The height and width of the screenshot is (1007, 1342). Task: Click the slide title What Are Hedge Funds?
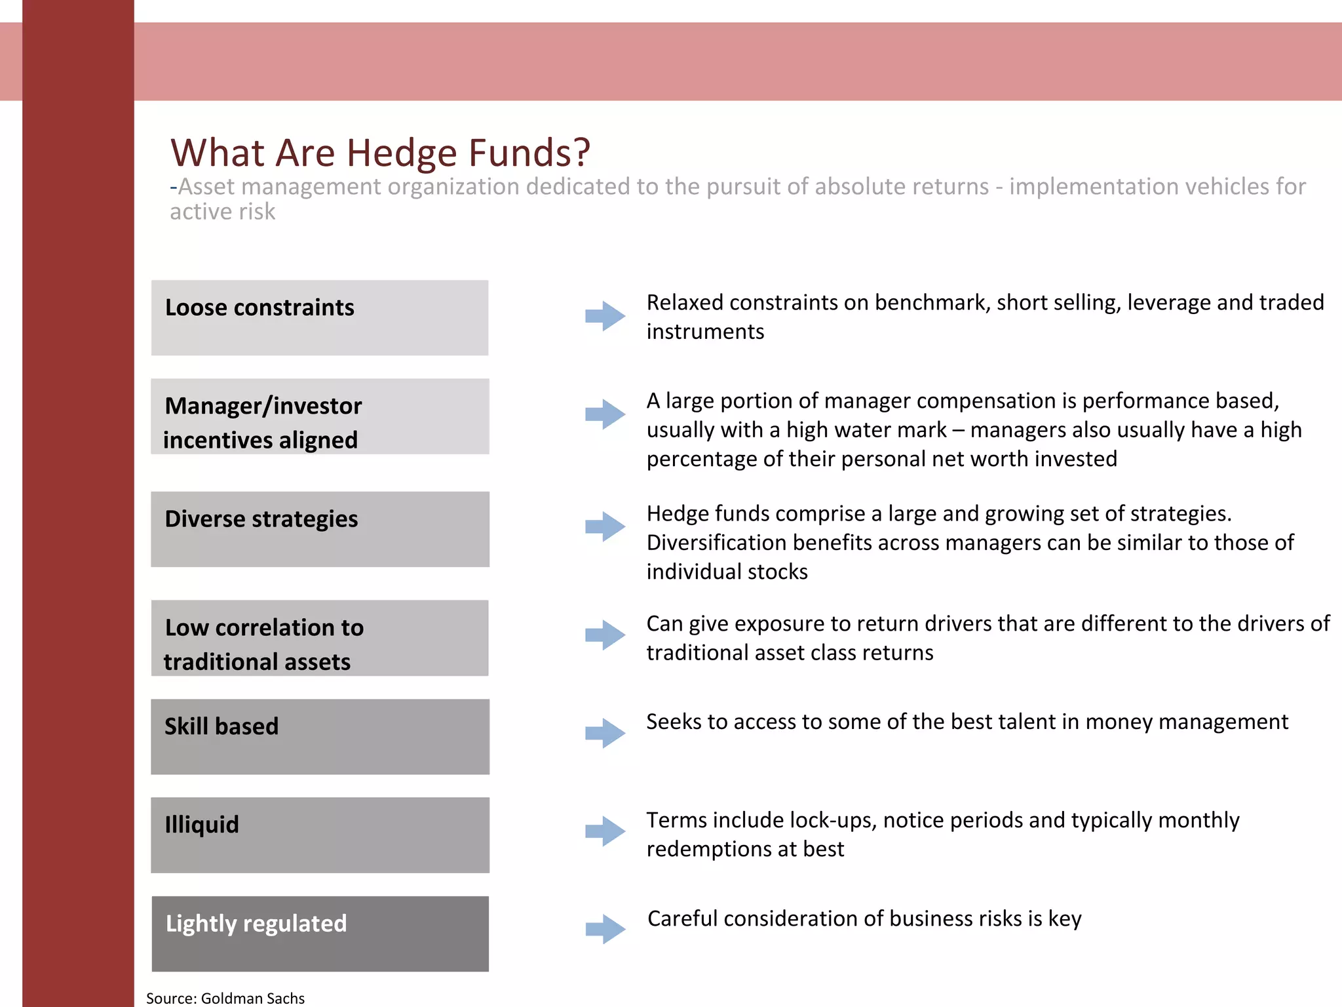point(380,152)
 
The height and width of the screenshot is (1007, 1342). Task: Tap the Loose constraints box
point(320,318)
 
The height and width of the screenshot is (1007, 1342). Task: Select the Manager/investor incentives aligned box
point(320,416)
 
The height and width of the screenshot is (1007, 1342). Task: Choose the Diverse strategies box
point(320,529)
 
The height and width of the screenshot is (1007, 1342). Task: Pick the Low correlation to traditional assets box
point(320,638)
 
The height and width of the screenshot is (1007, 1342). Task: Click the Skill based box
point(320,736)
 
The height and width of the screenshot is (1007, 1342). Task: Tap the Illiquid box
point(320,835)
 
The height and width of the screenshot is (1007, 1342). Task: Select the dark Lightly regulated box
point(320,934)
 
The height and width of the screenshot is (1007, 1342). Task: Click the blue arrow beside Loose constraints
point(605,316)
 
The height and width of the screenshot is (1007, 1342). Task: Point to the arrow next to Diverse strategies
point(605,526)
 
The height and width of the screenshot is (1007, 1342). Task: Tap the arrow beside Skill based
point(605,733)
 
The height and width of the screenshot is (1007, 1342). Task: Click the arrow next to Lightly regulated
point(605,929)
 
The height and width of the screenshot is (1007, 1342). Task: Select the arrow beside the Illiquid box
point(605,831)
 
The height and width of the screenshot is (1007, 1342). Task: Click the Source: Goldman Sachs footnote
point(225,998)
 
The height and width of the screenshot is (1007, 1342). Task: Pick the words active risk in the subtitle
point(223,212)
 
